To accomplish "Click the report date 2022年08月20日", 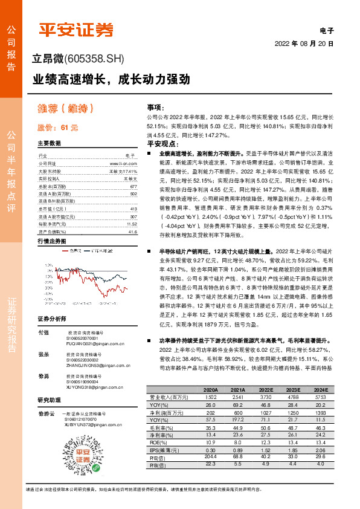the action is coord(304,44).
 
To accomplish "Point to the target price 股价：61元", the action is coord(58,128).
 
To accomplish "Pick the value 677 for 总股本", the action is coord(133,187).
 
